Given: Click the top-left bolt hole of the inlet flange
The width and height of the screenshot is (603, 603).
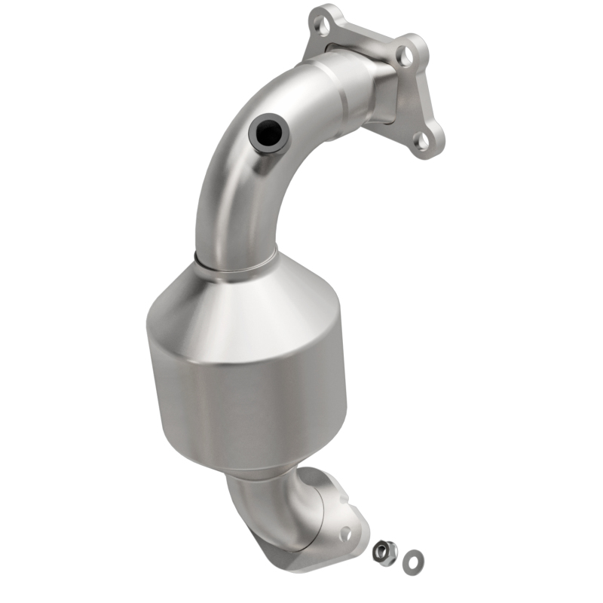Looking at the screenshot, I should pos(325,26).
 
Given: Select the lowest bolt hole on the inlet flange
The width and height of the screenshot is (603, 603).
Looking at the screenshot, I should pos(424,139).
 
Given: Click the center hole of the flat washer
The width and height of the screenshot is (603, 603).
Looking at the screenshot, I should pos(412,559).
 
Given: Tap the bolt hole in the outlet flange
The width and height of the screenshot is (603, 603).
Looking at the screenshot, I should pos(345,532).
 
